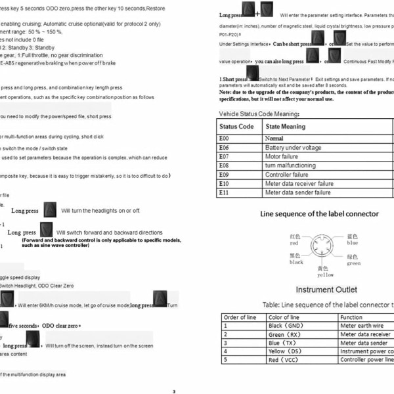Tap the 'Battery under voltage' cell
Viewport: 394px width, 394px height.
(293, 148)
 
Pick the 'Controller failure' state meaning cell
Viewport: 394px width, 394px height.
(286, 175)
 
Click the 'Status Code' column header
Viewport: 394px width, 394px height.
(236, 127)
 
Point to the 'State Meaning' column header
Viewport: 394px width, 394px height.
(285, 127)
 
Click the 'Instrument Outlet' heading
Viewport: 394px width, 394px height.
(326, 290)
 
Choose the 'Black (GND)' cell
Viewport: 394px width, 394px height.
(285, 326)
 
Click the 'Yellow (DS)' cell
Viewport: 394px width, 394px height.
(286, 351)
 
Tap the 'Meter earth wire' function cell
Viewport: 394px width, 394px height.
(362, 326)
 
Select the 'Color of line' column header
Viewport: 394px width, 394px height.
(284, 317)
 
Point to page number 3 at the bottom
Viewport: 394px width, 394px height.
(174, 391)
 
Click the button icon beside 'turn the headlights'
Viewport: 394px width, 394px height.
(50, 209)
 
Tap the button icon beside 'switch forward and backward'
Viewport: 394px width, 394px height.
(46, 230)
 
